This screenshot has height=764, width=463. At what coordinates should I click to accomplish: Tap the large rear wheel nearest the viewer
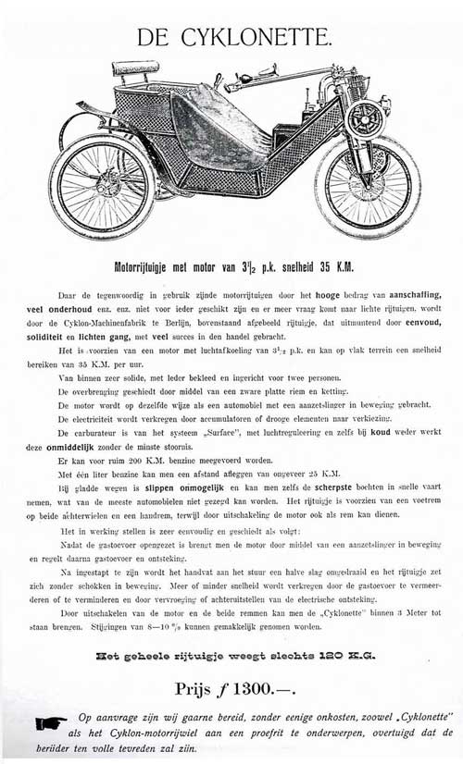coord(89,185)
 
